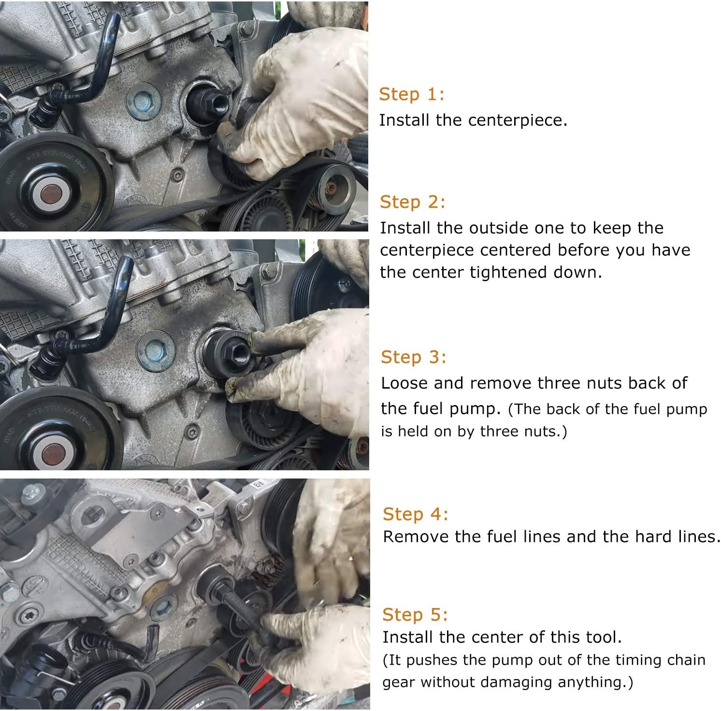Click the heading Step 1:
click(x=411, y=94)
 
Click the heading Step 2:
click(x=412, y=202)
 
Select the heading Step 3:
click(x=413, y=357)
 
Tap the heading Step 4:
click(x=415, y=514)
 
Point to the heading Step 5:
click(x=415, y=614)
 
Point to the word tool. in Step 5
click(x=604, y=637)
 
